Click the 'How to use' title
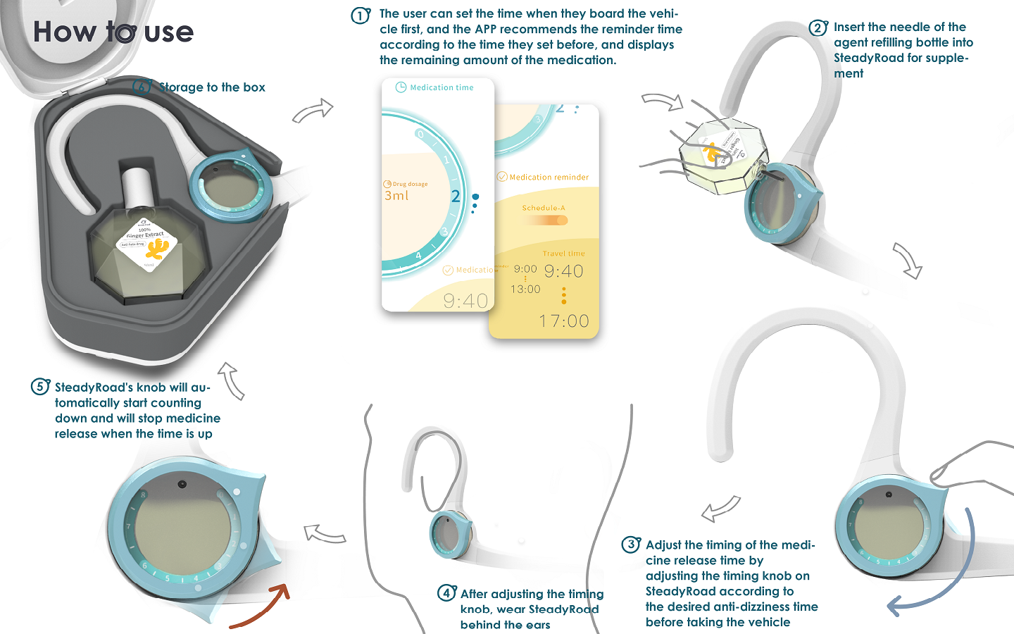113,32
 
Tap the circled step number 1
361,15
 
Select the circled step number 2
818,28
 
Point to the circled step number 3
630,545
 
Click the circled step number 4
446,593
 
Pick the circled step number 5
39,387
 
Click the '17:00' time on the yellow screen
563,321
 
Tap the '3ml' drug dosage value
396,196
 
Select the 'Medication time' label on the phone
442,87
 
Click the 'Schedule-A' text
544,208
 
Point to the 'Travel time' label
563,254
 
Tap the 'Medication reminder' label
549,178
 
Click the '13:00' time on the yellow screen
525,290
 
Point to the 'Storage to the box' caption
212,87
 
